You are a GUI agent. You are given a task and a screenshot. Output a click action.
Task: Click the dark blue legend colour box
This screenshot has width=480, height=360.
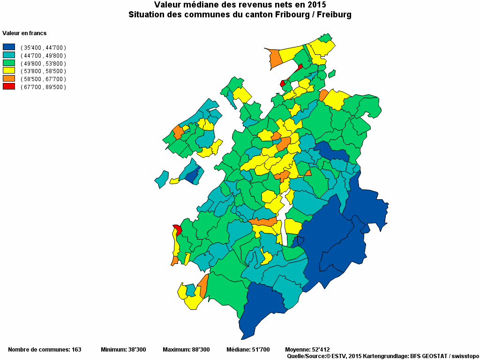9,47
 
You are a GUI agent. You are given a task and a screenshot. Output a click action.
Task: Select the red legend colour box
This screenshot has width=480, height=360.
9,87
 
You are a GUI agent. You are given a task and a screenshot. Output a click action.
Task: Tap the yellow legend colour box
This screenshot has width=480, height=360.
9,71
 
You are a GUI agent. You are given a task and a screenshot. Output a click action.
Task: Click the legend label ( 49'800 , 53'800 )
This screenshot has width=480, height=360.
43,63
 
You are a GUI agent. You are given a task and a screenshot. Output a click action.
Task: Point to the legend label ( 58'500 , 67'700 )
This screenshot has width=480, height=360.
43,79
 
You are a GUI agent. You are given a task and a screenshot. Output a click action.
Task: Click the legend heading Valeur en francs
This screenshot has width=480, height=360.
24,33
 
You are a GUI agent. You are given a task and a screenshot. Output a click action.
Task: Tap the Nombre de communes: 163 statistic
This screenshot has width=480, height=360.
45,350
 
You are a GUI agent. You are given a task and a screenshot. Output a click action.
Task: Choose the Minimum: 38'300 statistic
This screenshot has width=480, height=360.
123,350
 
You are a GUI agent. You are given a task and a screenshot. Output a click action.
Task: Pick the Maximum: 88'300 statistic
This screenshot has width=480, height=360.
186,350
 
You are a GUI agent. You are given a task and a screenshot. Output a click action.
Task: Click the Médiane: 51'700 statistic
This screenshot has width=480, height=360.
248,350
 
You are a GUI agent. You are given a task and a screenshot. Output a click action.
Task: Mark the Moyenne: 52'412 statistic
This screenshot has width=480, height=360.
307,350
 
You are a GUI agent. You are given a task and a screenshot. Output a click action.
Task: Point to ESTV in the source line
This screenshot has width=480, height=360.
339,357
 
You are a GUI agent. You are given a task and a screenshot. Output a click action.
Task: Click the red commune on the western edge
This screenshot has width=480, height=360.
178,230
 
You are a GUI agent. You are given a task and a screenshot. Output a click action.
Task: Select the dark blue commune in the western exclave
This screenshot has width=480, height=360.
191,176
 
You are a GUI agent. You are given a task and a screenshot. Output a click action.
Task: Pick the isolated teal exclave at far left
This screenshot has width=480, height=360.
161,179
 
